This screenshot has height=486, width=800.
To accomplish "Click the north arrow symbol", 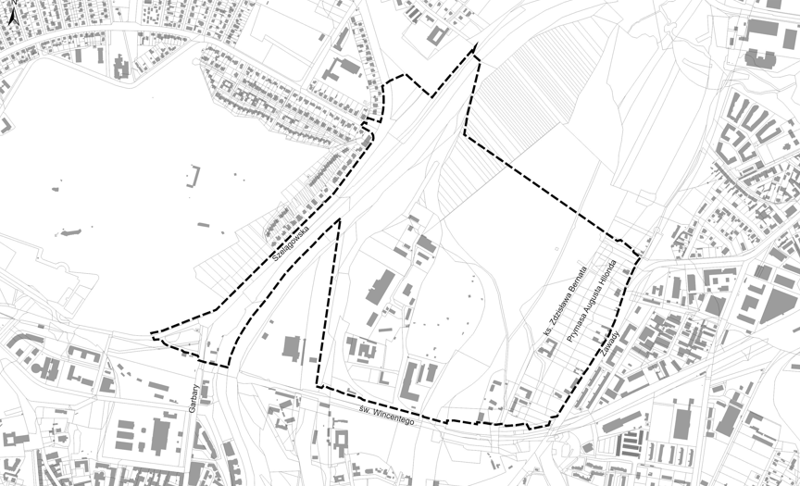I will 11,13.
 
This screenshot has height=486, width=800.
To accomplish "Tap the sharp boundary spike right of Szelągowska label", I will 339,219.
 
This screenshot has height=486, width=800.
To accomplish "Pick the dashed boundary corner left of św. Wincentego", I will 318,386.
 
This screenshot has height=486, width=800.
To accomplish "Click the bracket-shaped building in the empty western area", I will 195,176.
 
